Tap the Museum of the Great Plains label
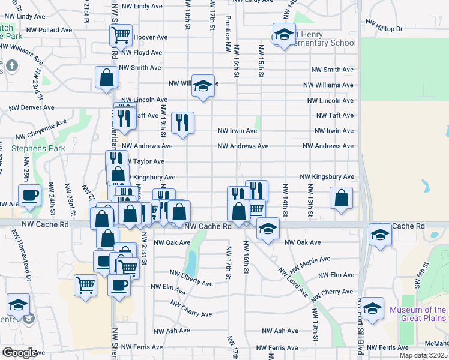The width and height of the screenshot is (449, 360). pos(417,314)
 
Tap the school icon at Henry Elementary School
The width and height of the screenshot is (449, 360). pos(284,34)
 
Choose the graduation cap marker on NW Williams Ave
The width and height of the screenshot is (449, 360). pos(203,87)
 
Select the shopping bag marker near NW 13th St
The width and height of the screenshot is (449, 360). pos(341,198)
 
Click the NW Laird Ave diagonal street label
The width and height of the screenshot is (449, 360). pos(292,281)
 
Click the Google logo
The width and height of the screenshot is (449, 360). pos(20,353)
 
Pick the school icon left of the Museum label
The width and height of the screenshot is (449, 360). pos(373,308)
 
